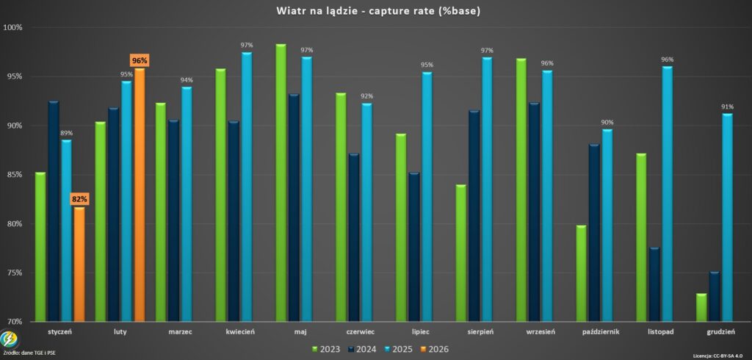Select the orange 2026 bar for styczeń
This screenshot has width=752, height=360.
point(79,264)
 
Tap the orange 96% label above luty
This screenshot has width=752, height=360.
point(140,60)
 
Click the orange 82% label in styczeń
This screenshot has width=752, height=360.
point(79,199)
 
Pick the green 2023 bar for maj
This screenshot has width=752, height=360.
point(281,184)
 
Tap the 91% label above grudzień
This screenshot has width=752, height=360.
point(727,107)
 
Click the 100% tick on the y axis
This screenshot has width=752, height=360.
point(13,27)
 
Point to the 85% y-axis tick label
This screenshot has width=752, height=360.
point(15,175)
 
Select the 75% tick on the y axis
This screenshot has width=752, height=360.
point(15,273)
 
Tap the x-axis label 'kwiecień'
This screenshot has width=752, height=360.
point(240,332)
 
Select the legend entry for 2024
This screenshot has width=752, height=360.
point(361,349)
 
